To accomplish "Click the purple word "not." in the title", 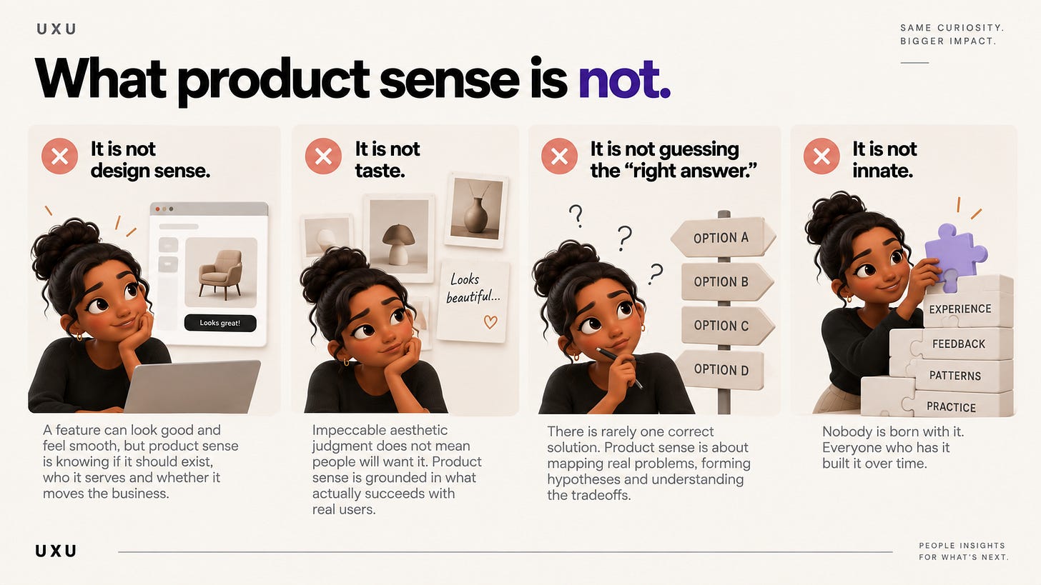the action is [624, 78].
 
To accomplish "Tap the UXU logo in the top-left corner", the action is [56, 29].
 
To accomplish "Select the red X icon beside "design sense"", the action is [59, 156].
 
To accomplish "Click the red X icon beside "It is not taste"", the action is [323, 156].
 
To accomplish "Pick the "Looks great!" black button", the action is [220, 323].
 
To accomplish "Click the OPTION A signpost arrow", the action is [723, 237].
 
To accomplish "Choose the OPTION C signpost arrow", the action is [727, 326].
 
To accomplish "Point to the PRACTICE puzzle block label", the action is [951, 407].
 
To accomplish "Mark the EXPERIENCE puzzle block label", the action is [959, 309].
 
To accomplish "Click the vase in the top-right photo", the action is [476, 214].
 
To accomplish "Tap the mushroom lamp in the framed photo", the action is [398, 244].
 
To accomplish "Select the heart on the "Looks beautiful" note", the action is [490, 321].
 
